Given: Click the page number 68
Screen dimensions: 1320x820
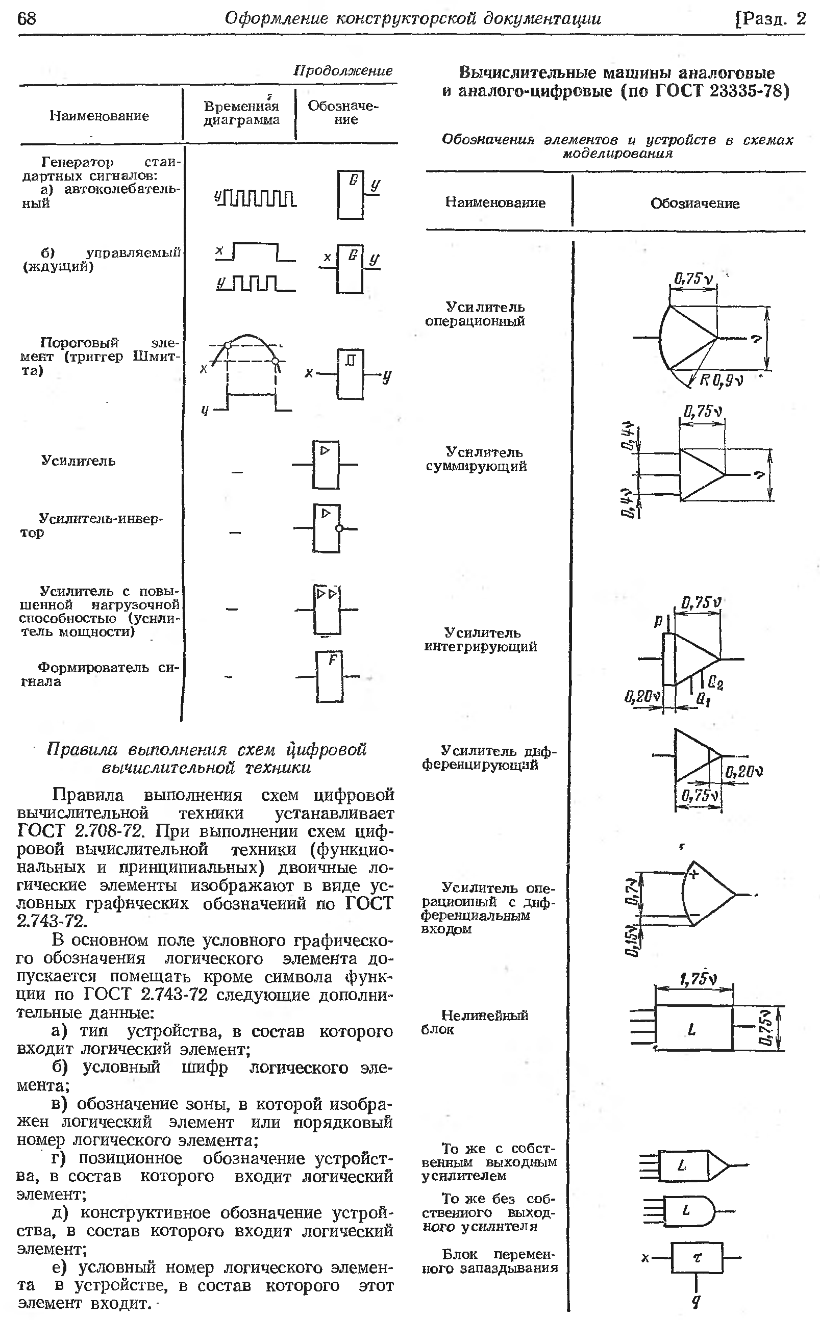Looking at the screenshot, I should point(27,19).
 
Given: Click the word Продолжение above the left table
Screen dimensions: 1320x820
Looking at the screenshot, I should point(343,70).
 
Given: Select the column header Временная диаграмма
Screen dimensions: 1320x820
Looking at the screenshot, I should point(241,113).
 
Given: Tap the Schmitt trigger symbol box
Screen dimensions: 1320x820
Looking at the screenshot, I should point(351,373).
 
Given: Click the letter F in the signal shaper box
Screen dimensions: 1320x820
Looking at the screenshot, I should point(333,659).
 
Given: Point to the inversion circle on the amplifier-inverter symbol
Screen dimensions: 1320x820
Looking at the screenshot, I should point(339,528).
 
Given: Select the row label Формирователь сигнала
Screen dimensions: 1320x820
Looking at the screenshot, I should point(99,674).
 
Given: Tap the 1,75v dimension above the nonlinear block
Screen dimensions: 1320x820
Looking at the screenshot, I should point(698,979).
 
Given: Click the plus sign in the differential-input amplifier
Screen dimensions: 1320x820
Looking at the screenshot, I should point(693,873).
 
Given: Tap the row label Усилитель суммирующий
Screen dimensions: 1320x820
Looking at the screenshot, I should point(476,459).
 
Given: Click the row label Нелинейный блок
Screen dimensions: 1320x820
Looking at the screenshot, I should point(475,1022).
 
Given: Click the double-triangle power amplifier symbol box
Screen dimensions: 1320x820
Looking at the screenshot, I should point(327,609).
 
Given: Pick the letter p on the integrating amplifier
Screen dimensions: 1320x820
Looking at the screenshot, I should point(659,622).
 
